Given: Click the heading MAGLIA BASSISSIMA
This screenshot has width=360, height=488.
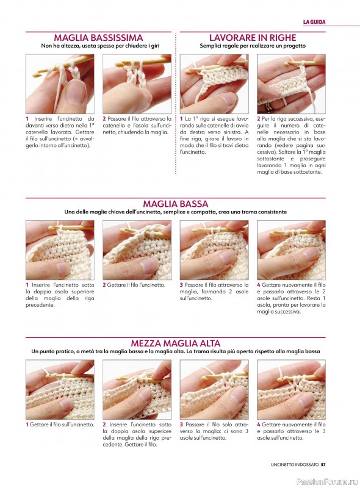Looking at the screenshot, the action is (98, 38).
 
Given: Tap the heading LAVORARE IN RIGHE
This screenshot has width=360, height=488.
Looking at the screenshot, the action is (253, 38).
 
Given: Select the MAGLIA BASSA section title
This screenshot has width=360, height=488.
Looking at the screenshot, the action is (176, 204).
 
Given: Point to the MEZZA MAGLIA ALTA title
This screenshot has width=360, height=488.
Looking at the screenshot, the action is (176, 343).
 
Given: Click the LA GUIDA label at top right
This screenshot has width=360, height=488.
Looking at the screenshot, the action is (314, 22).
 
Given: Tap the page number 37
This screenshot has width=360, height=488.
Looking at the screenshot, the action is (323, 465).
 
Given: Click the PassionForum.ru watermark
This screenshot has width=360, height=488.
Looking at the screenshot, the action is (327, 482).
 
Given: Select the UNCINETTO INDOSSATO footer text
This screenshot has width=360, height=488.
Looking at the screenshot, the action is (295, 465).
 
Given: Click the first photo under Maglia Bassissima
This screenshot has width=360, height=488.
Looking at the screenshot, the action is (60, 84).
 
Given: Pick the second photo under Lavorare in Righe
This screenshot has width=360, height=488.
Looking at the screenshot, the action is (291, 84).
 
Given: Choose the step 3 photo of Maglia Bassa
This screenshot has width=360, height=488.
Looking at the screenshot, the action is (214, 250).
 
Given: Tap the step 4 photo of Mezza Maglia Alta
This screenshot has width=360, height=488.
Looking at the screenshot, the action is (291, 389).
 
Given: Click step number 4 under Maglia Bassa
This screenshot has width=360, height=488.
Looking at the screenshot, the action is (259, 285).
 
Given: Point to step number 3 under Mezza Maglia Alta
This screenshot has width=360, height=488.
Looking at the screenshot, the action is (181, 425).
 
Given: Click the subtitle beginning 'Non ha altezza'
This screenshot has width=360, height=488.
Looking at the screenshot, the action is (100, 46).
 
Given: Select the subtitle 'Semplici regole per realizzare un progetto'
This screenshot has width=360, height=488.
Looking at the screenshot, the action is (253, 46).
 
